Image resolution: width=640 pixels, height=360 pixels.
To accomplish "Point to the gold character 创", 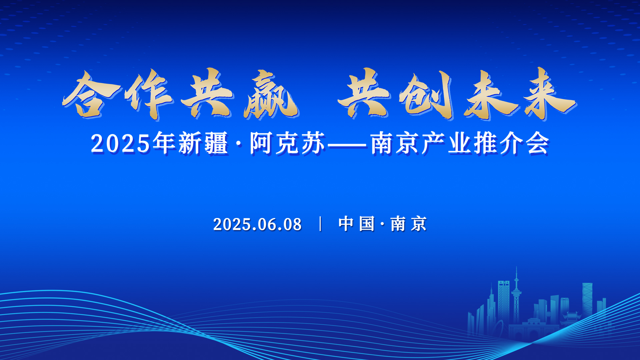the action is (427, 95).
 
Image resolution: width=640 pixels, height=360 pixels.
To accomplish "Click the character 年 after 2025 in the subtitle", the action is (165, 143).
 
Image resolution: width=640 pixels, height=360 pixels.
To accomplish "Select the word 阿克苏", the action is (288, 143).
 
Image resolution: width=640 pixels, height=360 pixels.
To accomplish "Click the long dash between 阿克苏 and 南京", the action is (347, 145).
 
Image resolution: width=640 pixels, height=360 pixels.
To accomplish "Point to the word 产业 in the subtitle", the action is (447, 143).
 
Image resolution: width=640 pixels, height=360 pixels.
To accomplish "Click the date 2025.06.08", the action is (257, 224).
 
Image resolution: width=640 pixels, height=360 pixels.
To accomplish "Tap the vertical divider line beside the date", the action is (320, 224).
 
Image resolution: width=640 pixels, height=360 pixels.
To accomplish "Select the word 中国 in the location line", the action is (356, 224).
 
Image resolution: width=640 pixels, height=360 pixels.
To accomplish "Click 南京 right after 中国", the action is (408, 224).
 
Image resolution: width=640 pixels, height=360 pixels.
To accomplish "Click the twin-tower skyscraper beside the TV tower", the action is (504, 300).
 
